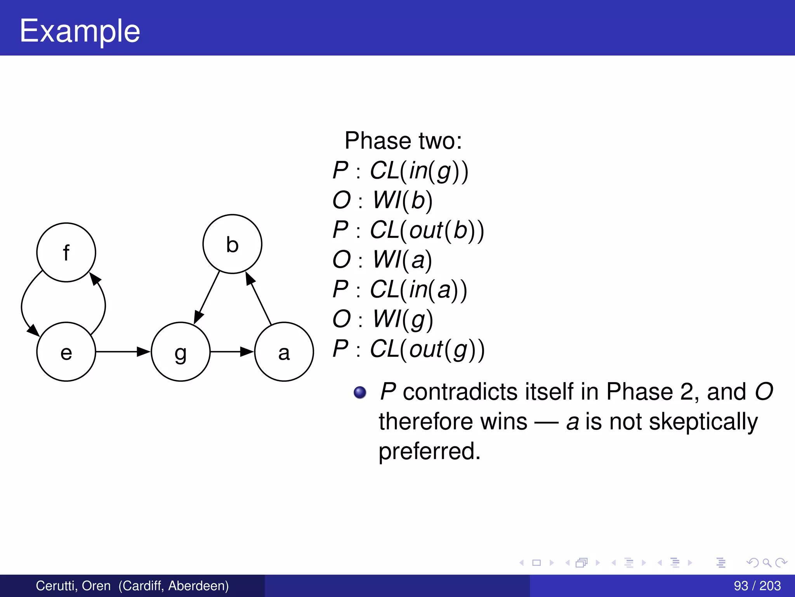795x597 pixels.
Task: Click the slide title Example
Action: (80, 31)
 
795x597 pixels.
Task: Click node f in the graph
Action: (66, 252)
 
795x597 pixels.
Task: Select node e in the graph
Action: (66, 352)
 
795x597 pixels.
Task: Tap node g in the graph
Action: (181, 352)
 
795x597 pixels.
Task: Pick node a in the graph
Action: (284, 352)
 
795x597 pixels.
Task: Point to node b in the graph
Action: (232, 244)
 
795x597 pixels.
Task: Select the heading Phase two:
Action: (403, 141)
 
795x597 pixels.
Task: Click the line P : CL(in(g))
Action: (400, 171)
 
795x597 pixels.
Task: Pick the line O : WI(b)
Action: (382, 201)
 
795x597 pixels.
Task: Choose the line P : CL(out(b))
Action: (408, 230)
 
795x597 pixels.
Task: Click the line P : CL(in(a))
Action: (400, 290)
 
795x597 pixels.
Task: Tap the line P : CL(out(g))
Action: (408, 349)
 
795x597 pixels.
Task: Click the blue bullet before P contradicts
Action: (360, 392)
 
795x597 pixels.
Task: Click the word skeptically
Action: (703, 422)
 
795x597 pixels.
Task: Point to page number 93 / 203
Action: (757, 586)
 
